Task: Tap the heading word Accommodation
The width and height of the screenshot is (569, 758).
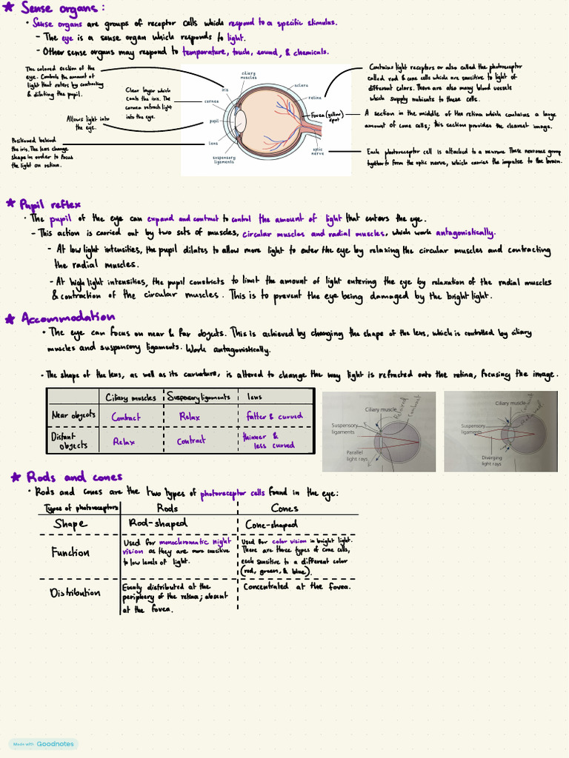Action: [68, 318]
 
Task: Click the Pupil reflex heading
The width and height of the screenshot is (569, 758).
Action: [50, 204]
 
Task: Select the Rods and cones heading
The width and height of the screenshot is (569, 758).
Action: [73, 477]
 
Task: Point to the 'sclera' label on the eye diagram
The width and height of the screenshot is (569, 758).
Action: [301, 85]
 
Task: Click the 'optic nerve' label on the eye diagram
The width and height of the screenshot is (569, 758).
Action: [317, 151]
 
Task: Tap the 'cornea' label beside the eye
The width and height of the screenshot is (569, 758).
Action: [211, 101]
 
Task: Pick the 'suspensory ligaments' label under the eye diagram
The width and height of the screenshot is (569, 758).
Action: [223, 159]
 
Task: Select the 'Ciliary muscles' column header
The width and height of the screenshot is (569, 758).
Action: [131, 398]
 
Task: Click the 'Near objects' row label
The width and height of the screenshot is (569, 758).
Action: [73, 415]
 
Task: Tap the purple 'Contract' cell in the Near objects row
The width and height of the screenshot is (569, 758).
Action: [126, 417]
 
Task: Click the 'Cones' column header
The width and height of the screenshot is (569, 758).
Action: [284, 509]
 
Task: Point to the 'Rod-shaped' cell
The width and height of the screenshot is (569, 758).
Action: [157, 524]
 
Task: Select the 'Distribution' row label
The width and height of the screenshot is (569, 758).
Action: [75, 593]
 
